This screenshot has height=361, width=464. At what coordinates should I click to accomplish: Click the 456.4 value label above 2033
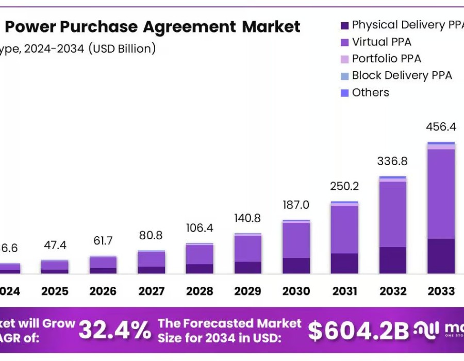tap(441, 127)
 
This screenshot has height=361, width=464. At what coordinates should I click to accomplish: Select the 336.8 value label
tap(393, 161)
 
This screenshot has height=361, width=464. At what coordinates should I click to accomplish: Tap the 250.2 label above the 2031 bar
tap(344, 186)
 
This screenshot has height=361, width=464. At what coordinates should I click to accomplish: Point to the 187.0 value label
tap(296, 205)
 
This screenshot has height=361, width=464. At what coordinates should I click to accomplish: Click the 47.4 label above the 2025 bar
tap(55, 245)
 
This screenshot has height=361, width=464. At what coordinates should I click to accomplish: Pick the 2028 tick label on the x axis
tap(200, 291)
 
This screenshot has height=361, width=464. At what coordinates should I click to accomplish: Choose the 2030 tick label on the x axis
tap(296, 291)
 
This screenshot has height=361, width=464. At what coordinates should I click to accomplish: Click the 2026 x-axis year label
tap(103, 291)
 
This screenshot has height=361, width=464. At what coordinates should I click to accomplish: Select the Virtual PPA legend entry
tap(382, 42)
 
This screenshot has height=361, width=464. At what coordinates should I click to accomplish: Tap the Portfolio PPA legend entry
tap(386, 59)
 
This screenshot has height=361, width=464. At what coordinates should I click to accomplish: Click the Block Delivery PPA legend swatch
tap(344, 76)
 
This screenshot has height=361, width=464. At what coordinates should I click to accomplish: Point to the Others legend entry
tap(370, 93)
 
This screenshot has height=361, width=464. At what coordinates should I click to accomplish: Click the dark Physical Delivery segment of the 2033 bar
tap(441, 256)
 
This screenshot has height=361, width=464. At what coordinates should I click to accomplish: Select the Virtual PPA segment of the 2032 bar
tap(393, 214)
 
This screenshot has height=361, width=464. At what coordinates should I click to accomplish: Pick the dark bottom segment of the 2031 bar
tap(344, 263)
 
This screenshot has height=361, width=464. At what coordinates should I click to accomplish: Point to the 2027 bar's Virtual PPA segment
tap(152, 259)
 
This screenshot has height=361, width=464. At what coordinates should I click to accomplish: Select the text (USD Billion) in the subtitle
tap(122, 49)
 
